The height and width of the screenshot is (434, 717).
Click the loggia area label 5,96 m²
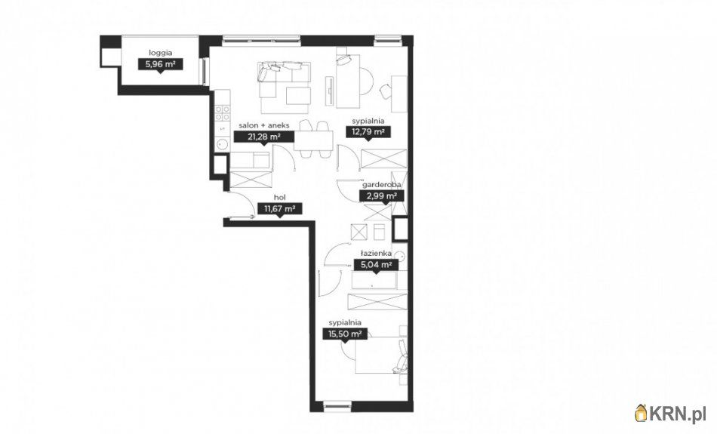point(161,64)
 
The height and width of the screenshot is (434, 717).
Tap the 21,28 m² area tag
point(263,137)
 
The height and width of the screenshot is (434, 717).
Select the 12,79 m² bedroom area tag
point(368,132)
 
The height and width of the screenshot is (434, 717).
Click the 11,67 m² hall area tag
point(279,209)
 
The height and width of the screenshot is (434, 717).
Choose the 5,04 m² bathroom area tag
point(376,265)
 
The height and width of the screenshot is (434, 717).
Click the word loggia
point(161,53)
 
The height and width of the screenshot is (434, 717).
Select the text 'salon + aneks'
point(264,125)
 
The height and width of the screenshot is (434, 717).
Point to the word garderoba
point(382,185)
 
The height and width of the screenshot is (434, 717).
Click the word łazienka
point(376,253)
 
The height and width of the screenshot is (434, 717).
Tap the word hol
point(280,198)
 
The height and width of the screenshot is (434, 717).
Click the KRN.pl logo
point(670,414)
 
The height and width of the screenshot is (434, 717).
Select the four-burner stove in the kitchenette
point(223,113)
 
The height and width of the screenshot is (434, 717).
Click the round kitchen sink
point(222,145)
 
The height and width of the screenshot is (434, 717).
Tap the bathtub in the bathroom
point(374,282)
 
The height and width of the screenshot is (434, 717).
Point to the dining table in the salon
point(314,140)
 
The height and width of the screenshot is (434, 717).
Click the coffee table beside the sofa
point(299,96)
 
